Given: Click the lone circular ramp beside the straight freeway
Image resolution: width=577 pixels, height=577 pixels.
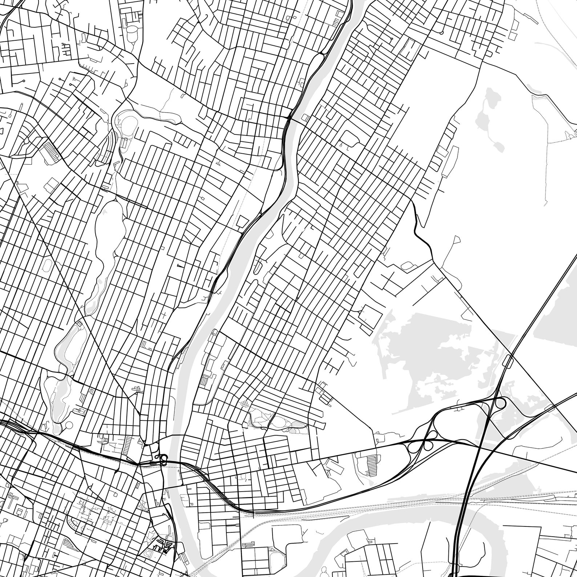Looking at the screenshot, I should click(x=501, y=403).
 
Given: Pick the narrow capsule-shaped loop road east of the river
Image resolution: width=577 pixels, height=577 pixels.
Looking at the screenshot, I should click(x=258, y=267).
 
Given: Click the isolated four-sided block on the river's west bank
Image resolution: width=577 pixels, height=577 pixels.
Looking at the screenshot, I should click(x=242, y=222).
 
